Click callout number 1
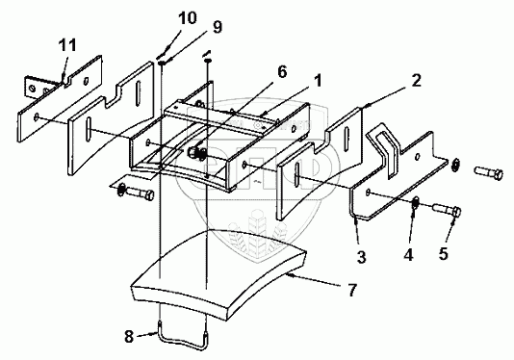tap(317, 80)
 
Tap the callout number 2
tap(416, 80)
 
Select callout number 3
tap(361, 257)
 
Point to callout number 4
tap(408, 255)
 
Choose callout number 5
tap(444, 253)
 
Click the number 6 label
tap(282, 72)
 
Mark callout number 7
tap(351, 290)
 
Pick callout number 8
tap(129, 336)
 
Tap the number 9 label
tap(217, 27)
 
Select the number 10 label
tap(187, 17)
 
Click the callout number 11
tap(67, 45)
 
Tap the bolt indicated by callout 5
tap(448, 210)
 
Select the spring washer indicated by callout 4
tap(416, 203)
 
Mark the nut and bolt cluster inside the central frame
tap(196, 153)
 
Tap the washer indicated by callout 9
tap(163, 62)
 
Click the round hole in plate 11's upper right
tap(87, 80)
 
